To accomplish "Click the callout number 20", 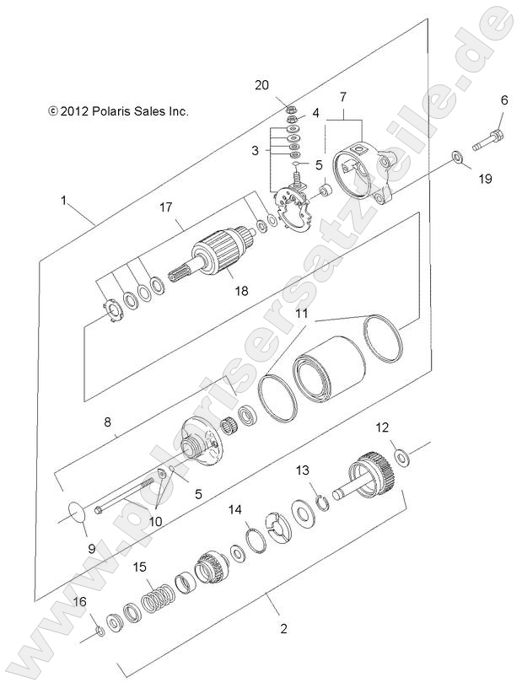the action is (x=261, y=84).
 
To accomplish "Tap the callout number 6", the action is (x=504, y=100).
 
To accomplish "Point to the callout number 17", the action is (x=166, y=207).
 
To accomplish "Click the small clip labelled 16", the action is (x=100, y=632).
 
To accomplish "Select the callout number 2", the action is (x=283, y=629).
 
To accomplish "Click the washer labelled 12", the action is (x=401, y=458).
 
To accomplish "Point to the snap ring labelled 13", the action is (x=323, y=503).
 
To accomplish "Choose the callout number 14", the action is (x=235, y=510).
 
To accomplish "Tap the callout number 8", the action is (x=108, y=422).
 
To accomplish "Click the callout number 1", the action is (x=64, y=202).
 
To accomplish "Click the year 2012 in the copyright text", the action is (x=75, y=111).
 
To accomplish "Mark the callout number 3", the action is (x=255, y=151).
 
